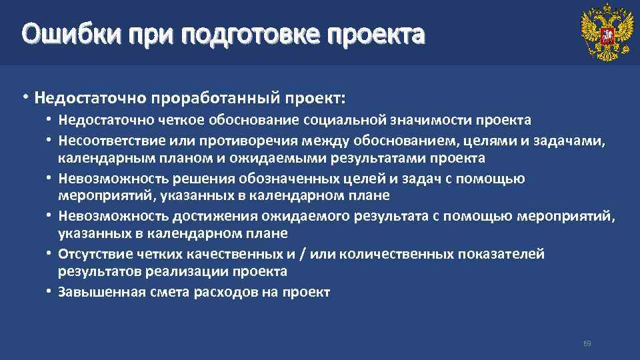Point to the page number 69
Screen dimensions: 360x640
[587, 343]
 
